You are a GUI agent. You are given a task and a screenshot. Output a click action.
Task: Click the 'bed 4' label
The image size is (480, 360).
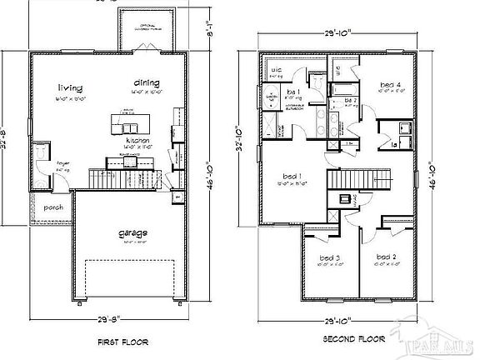click(391, 84)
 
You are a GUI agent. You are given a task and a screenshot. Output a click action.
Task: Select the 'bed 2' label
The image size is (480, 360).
click(385, 257)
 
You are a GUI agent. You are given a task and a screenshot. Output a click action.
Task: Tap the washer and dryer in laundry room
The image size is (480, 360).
click(398, 129)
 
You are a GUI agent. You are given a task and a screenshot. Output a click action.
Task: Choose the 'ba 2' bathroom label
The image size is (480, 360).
click(351, 101)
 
